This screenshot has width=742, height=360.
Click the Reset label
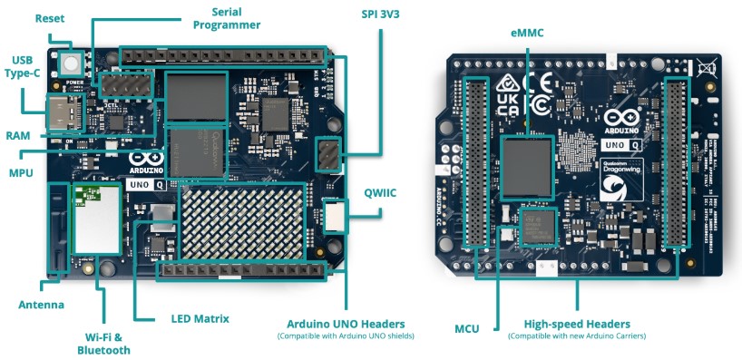coord(48,18)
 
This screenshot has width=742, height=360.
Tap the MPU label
coord(22,172)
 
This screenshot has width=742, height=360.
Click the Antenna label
coord(42,305)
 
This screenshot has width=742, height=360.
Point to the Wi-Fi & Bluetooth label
coord(103,343)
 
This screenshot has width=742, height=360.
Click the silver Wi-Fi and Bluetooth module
coord(96,219)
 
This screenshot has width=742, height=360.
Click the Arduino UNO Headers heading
coord(346,324)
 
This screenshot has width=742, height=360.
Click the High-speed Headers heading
coord(577,324)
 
